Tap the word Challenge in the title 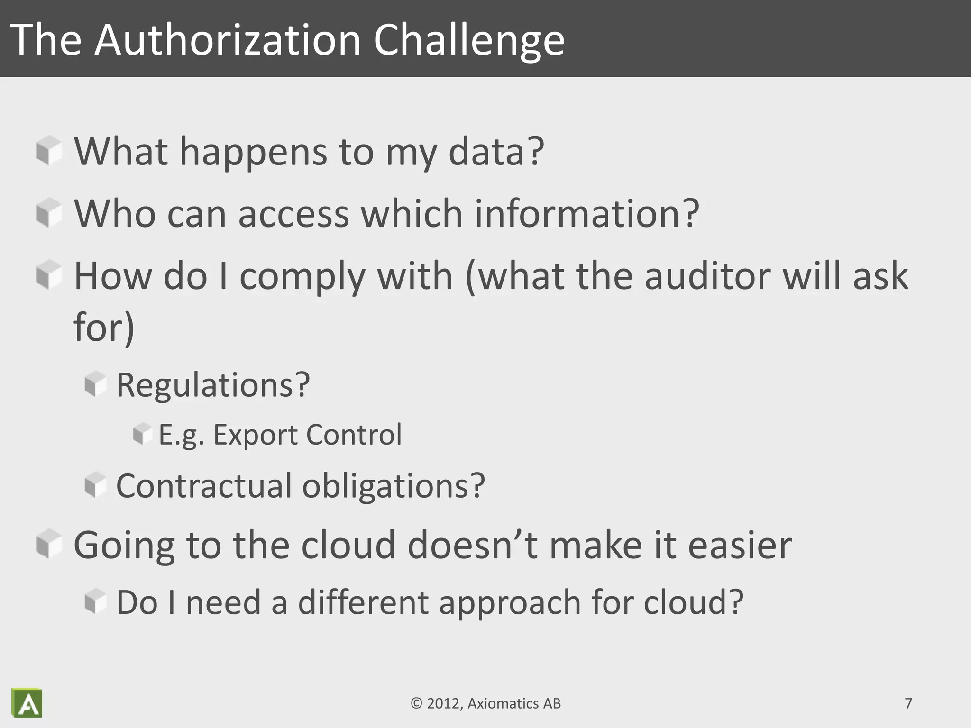(469, 40)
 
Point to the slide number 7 (908, 703)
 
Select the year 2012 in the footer (445, 703)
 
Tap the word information (586, 213)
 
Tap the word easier (740, 545)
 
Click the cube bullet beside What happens (49, 151)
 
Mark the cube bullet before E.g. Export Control (142, 434)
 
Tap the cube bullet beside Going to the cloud (49, 544)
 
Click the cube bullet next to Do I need (96, 602)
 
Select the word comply (302, 276)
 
